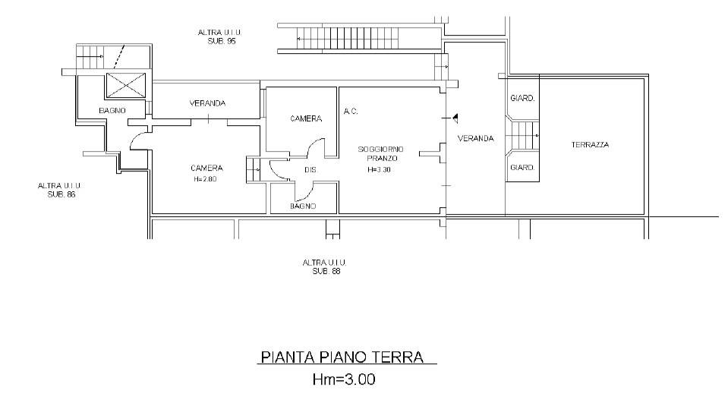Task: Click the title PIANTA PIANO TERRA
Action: (342, 357)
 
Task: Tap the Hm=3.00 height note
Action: (344, 379)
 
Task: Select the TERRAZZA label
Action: (590, 145)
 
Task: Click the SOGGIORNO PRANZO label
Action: (381, 154)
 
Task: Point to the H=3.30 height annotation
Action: (379, 170)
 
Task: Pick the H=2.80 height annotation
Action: (205, 179)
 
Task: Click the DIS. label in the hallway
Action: (310, 170)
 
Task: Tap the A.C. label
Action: (351, 112)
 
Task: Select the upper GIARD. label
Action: (522, 99)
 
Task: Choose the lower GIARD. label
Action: (522, 168)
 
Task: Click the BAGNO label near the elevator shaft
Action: (112, 111)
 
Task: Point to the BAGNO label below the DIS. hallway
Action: (303, 206)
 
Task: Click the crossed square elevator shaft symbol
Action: (126, 86)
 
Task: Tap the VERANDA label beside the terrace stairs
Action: (475, 138)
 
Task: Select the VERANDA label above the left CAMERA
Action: (207, 103)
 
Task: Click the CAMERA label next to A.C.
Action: (306, 119)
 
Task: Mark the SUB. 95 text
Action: (222, 41)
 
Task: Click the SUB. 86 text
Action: (61, 194)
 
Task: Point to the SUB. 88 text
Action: (326, 271)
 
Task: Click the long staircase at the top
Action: (347, 38)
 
